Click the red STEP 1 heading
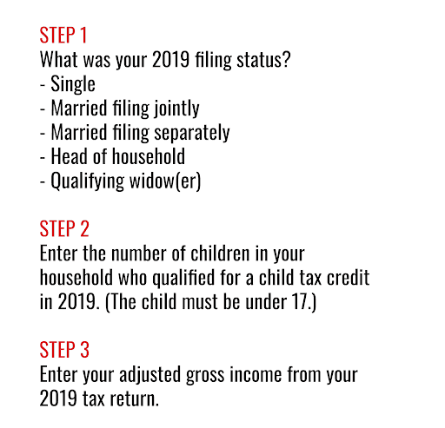point(63,36)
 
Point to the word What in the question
point(59,61)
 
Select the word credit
point(347,279)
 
